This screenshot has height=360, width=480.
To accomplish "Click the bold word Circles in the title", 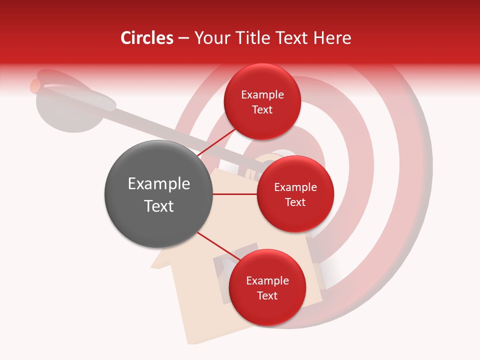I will click(x=147, y=38).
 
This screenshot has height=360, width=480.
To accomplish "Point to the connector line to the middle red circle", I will click(x=234, y=194).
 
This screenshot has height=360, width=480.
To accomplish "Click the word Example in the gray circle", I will click(x=158, y=184).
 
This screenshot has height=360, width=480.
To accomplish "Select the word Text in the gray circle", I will click(x=158, y=206).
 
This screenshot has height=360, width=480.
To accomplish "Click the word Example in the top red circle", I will click(x=262, y=95).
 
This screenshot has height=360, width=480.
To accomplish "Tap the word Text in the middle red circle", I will click(x=295, y=202).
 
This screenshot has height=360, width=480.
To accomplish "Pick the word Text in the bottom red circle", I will click(x=267, y=295).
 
